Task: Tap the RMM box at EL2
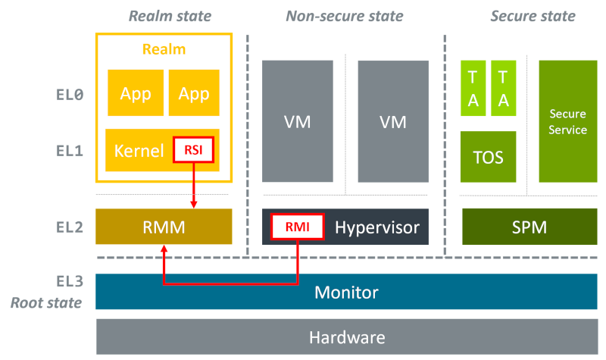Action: [x=164, y=227]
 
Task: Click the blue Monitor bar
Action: [x=346, y=292]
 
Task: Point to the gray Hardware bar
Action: [x=346, y=337]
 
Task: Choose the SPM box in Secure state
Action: [x=529, y=227]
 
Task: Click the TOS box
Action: [x=488, y=157]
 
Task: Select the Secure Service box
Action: [x=567, y=121]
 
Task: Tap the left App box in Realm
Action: [x=136, y=93]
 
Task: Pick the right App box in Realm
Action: [x=194, y=93]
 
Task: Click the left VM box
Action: [x=297, y=121]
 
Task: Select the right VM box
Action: [x=392, y=121]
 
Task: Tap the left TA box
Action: [x=473, y=89]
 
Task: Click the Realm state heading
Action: [x=170, y=16]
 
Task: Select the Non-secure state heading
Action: [x=344, y=16]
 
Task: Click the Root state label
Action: [x=45, y=303]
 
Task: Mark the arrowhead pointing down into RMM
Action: [x=194, y=204]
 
